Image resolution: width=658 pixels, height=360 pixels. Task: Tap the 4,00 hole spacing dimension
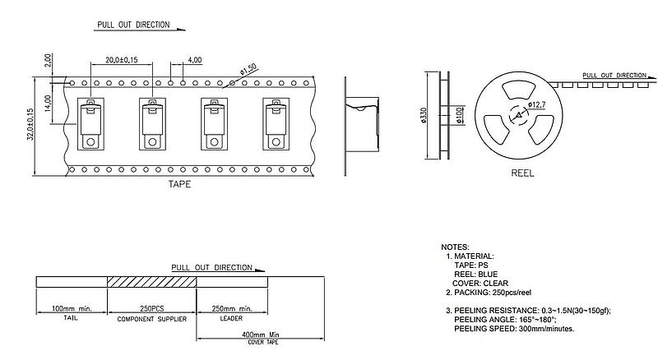point(195,61)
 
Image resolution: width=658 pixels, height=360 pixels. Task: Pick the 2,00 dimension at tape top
point(49,61)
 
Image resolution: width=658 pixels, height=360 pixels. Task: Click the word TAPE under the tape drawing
point(178,185)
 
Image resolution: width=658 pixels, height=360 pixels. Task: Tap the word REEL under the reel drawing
point(523,174)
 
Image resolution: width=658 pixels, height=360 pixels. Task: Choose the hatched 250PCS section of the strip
point(153,282)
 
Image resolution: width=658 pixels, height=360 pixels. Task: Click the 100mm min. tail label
point(72,307)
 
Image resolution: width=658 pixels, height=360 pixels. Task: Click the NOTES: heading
point(455,247)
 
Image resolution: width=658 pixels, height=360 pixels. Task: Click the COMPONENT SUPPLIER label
point(152,317)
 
